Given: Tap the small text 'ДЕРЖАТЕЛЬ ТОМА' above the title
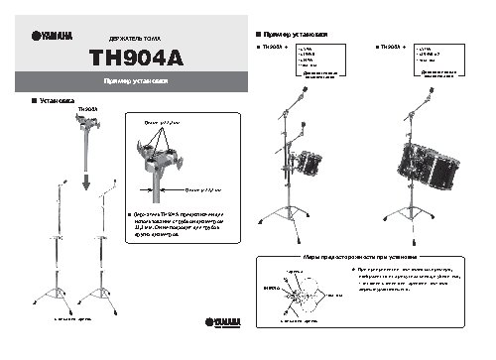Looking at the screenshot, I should (x=135, y=35).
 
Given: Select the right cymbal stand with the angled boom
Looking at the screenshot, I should (x=105, y=248).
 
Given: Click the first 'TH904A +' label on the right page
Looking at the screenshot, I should (x=274, y=48).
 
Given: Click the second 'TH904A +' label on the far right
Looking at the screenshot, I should (x=393, y=48).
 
